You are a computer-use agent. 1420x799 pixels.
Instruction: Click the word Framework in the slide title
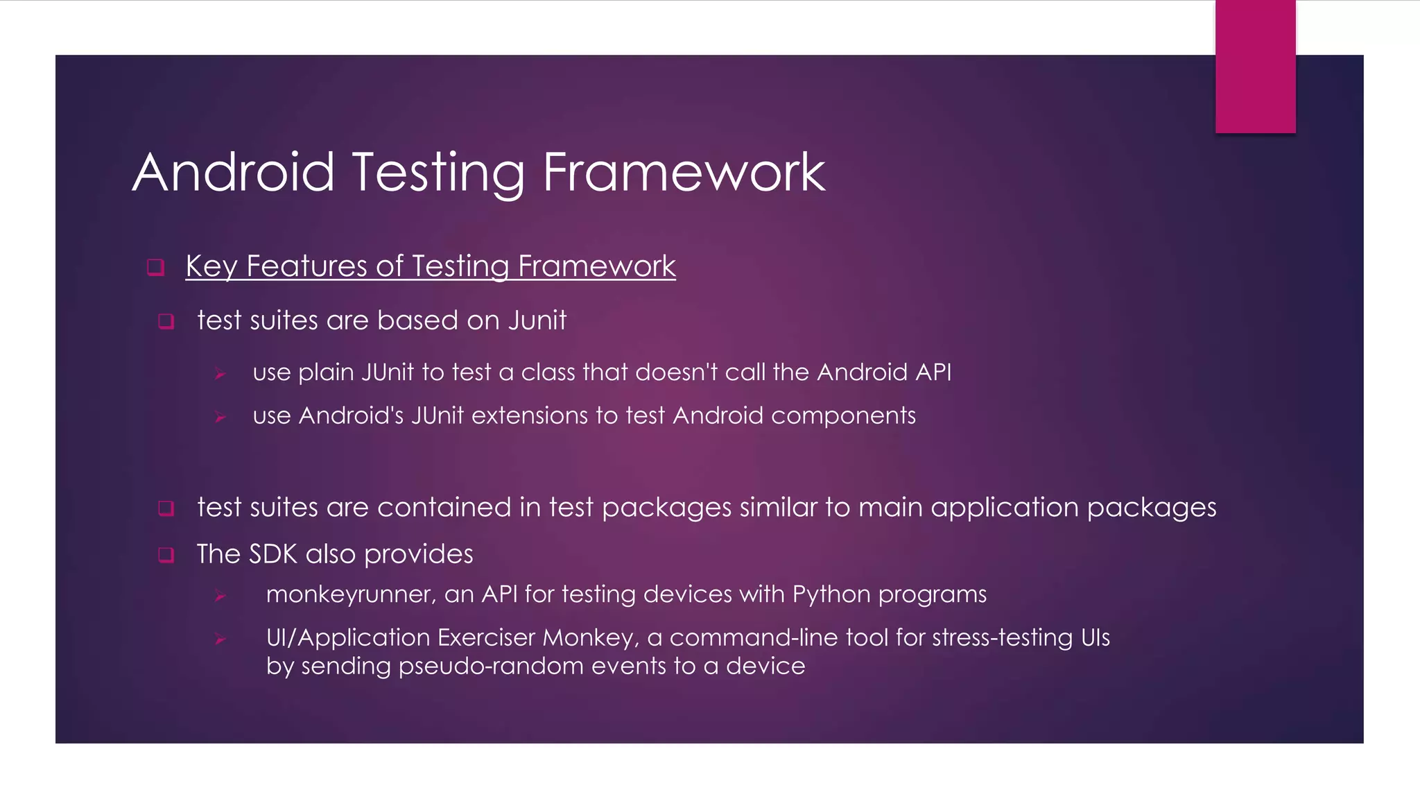click(x=684, y=172)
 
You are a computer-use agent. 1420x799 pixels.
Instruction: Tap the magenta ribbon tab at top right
click(x=1255, y=67)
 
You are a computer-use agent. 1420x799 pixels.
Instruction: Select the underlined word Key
click(x=211, y=266)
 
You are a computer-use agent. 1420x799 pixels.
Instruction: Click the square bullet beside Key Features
click(x=156, y=268)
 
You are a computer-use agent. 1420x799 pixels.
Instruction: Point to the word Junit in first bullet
click(x=537, y=320)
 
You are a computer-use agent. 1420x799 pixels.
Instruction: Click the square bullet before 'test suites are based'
click(x=166, y=322)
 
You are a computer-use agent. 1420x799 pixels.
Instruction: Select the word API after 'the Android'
click(x=933, y=372)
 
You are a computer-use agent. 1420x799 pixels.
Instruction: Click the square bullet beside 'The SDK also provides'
click(x=166, y=556)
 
